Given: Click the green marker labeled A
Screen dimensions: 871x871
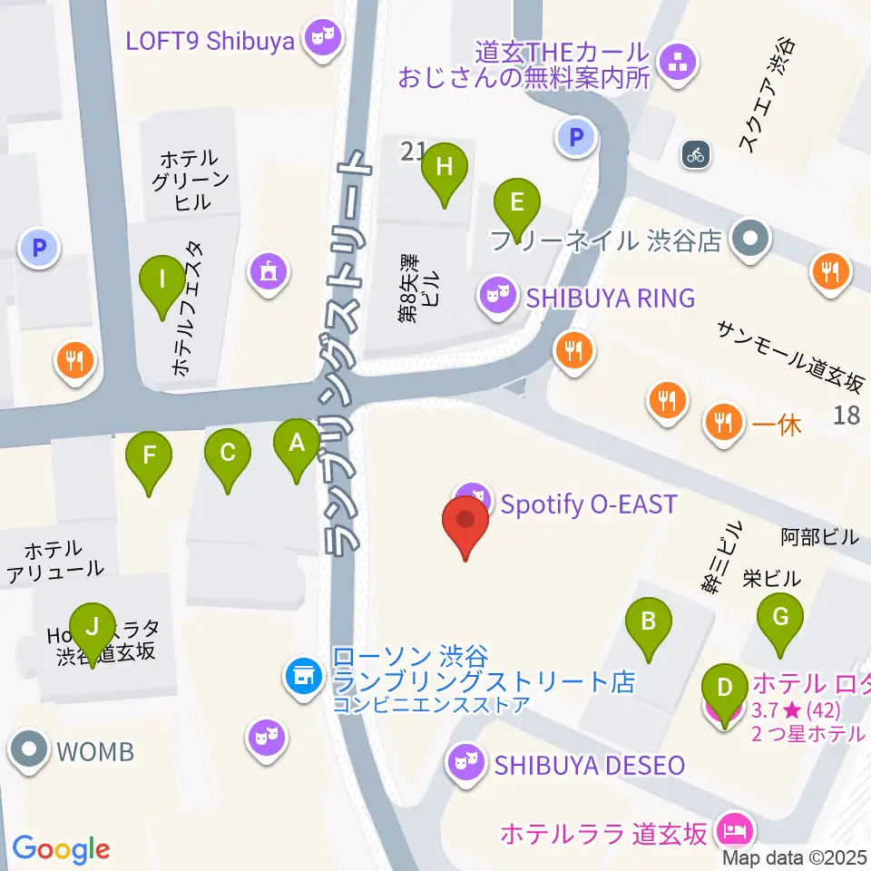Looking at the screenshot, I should (297, 444).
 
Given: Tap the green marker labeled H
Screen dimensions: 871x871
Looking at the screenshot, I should (444, 168).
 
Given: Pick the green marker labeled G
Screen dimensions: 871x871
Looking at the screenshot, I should (780, 617).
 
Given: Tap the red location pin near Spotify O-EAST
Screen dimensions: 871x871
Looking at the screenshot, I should (465, 522).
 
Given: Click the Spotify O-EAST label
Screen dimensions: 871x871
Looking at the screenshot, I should (589, 504).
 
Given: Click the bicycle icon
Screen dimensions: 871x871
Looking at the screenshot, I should (696, 154).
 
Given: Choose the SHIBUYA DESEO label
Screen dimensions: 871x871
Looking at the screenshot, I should (589, 765).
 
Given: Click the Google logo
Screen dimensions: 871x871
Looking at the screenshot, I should (61, 849).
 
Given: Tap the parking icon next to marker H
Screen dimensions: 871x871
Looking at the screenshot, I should (576, 138).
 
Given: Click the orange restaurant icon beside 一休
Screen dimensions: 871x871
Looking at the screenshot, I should (722, 422).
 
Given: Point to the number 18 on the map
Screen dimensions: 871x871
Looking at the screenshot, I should (846, 416).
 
